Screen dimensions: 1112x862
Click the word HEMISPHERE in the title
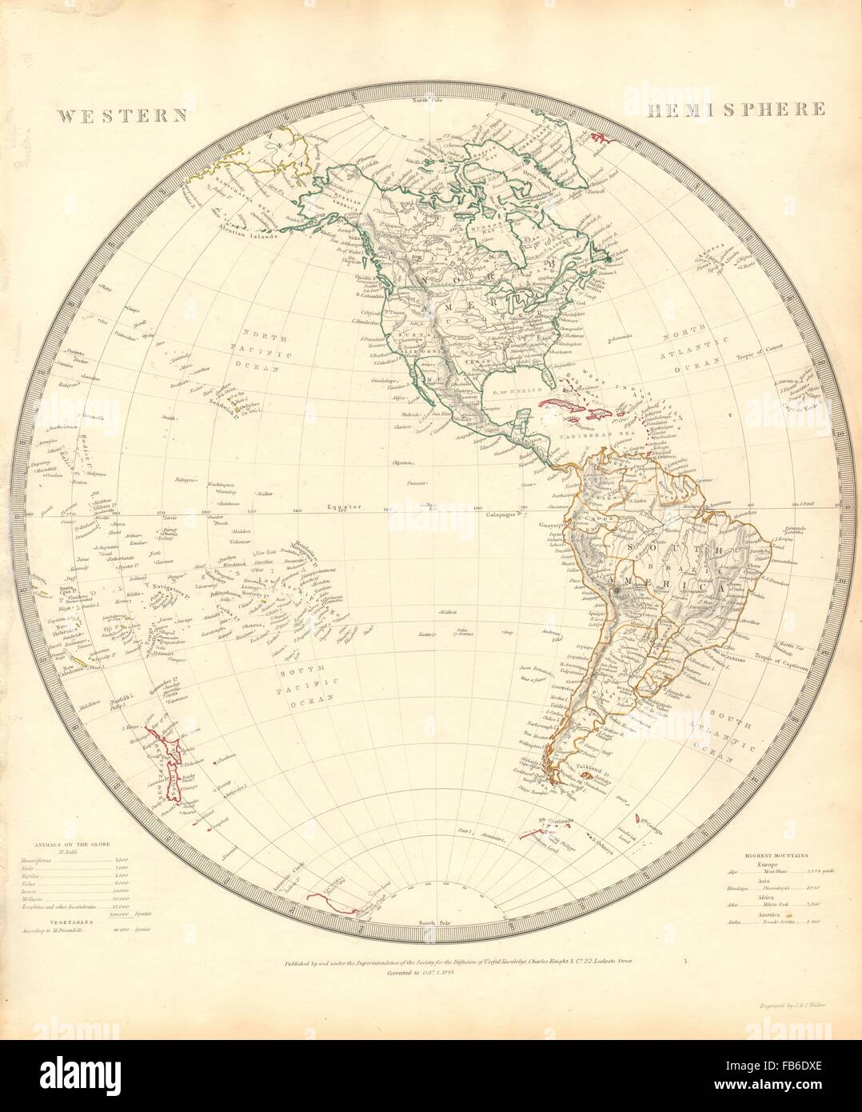[726, 109]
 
